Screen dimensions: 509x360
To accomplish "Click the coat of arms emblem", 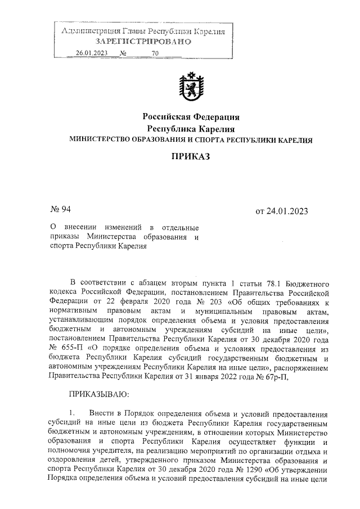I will (x=191, y=88).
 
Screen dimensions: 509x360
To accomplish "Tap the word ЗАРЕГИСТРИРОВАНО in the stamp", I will (x=143, y=42).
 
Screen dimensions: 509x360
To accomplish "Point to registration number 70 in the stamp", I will (x=155, y=53).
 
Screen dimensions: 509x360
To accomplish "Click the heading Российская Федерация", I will (x=191, y=117).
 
